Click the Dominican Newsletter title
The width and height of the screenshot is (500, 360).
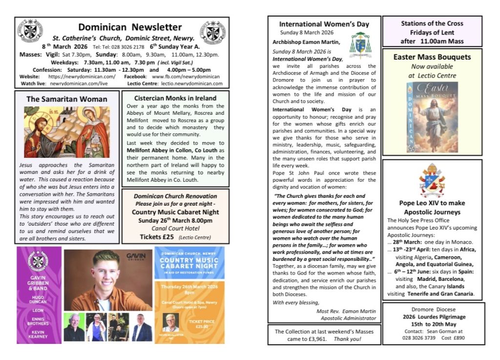[130, 27]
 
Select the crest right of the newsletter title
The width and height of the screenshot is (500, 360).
[215, 31]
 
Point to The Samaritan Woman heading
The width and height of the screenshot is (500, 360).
[67, 99]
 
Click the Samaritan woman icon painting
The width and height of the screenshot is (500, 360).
[67, 132]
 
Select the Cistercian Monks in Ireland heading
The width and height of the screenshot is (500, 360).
[175, 98]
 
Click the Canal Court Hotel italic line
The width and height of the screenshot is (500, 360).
[175, 228]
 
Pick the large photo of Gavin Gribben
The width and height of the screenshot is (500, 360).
[108, 279]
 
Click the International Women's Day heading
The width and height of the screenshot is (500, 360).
[324, 24]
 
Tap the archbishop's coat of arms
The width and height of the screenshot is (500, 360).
[360, 44]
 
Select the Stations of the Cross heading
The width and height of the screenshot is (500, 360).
[432, 23]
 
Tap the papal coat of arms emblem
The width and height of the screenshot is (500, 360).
[432, 180]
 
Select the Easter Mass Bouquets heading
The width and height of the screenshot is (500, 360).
[432, 57]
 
